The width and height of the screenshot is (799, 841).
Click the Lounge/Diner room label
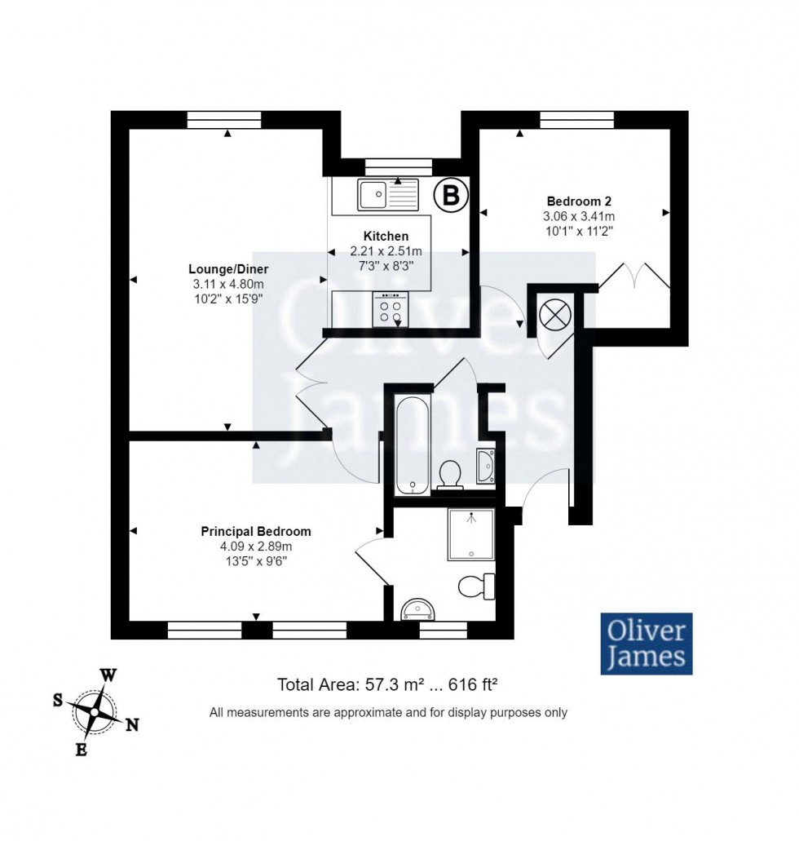click(228, 269)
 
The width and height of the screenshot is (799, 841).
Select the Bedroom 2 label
click(579, 201)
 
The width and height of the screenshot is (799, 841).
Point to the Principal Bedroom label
click(256, 531)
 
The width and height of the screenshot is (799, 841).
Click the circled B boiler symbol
click(449, 194)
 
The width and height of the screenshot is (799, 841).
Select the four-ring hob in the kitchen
click(389, 308)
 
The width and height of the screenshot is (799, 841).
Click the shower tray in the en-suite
click(470, 534)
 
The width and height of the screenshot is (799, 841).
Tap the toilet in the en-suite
click(477, 586)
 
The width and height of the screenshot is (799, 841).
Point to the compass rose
click(94, 712)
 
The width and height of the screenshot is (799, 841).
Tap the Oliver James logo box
click(647, 643)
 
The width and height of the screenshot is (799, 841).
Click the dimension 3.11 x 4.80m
click(228, 284)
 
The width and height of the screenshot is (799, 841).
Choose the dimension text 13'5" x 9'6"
click(256, 560)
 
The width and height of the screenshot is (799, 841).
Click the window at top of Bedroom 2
click(576, 120)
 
